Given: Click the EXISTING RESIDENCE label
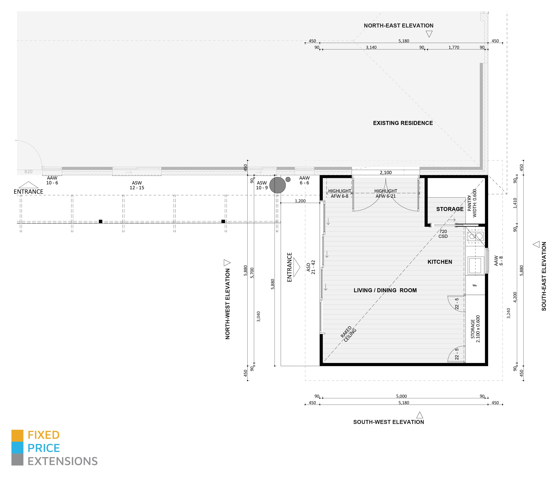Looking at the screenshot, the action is pyautogui.click(x=403, y=123).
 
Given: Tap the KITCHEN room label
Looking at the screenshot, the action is pyautogui.click(x=440, y=262).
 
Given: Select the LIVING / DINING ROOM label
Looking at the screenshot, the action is pyautogui.click(x=385, y=290).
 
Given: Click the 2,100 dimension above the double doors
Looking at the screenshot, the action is pyautogui.click(x=386, y=173).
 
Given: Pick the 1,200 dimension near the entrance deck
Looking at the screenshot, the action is pyautogui.click(x=300, y=201).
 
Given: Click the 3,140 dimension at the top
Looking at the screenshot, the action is pyautogui.click(x=371, y=47).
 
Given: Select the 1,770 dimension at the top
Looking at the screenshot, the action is pyautogui.click(x=454, y=47).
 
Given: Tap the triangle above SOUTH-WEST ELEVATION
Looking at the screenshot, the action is pyautogui.click(x=420, y=415).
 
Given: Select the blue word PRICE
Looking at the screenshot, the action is pyautogui.click(x=44, y=448).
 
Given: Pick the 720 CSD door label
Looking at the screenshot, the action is pyautogui.click(x=443, y=234).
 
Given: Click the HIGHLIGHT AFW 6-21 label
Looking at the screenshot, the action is pyautogui.click(x=386, y=193).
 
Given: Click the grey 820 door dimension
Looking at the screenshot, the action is pyautogui.click(x=28, y=172).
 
